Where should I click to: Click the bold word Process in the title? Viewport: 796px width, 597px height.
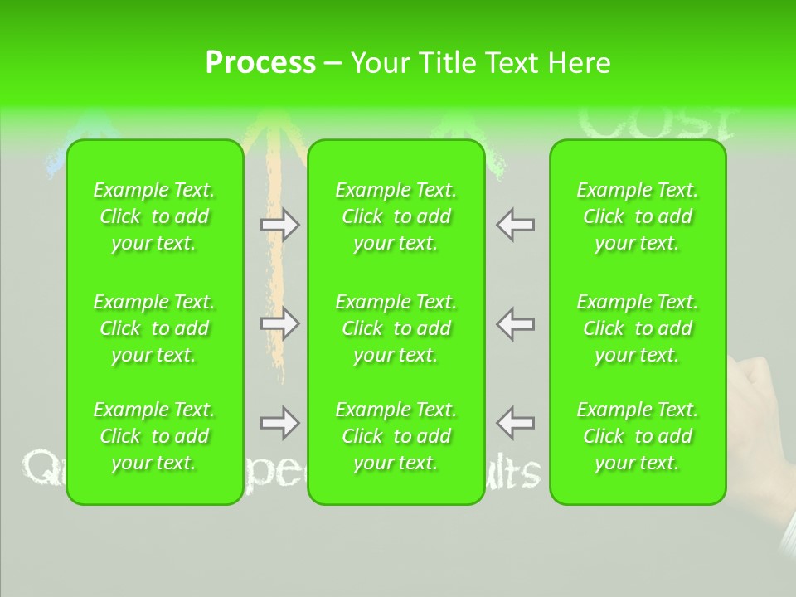(260, 62)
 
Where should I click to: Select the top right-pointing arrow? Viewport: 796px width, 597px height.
(280, 224)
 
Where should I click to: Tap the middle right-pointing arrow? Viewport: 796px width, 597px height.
(280, 323)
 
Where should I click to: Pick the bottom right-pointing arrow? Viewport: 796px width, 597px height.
(280, 423)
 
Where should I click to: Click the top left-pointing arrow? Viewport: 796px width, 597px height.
(515, 224)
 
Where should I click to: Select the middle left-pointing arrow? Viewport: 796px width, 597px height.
(515, 323)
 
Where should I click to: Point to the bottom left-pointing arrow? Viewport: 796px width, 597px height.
(515, 423)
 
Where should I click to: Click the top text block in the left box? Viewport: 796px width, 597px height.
(154, 216)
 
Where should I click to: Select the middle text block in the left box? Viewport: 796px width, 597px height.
(154, 328)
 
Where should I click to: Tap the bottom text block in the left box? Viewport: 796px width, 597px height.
(154, 436)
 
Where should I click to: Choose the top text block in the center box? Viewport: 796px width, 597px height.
(396, 216)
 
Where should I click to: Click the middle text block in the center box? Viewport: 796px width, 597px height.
(396, 328)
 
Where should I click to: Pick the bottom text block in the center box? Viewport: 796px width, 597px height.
(396, 436)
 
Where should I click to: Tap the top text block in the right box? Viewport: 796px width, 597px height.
(638, 216)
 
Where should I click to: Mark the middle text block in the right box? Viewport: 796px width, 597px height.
(638, 328)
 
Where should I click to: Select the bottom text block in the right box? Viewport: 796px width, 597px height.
(638, 436)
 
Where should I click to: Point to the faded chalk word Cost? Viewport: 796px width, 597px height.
(655, 123)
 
